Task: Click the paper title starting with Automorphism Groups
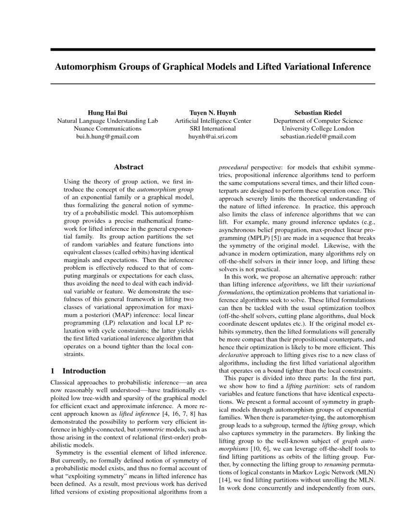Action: [x=213, y=66]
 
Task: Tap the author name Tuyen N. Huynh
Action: [x=213, y=113]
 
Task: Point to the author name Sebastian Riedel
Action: [x=318, y=113]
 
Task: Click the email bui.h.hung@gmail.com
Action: [x=107, y=136]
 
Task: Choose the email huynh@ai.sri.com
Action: [x=213, y=136]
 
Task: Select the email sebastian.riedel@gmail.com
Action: [x=318, y=136]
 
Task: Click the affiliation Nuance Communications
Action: [x=107, y=129]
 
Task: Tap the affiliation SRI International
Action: [x=213, y=129]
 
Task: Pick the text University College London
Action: [x=318, y=129]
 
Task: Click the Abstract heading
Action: [x=128, y=167]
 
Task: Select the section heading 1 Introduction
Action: [x=78, y=371]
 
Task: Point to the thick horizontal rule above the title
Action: [x=213, y=49]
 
